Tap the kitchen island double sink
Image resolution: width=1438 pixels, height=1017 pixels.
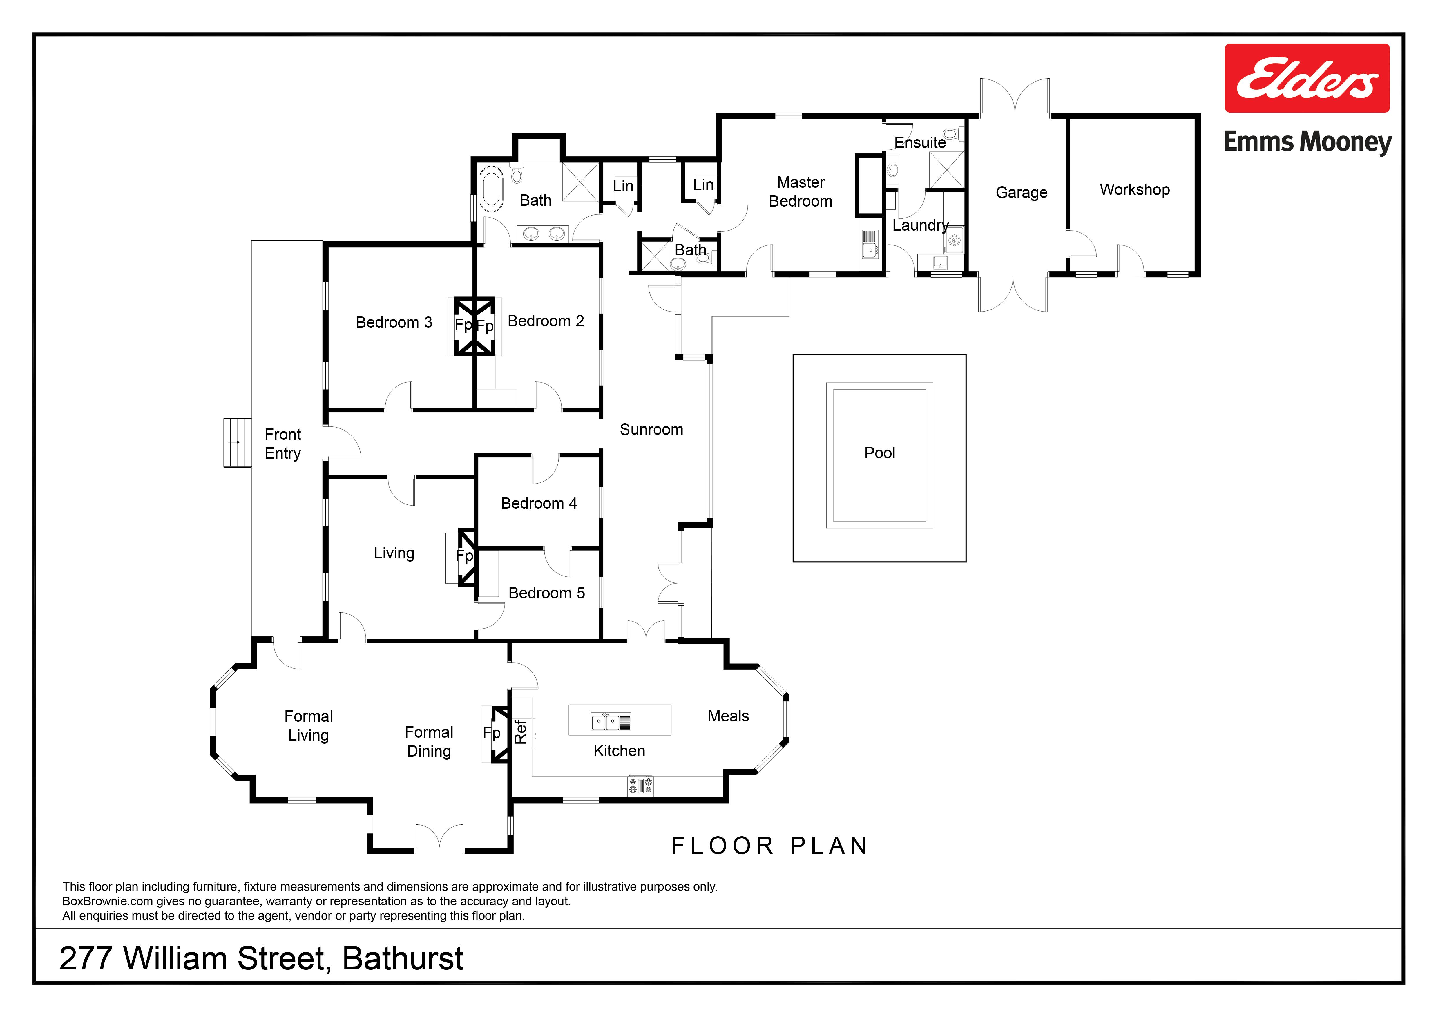[x=611, y=722]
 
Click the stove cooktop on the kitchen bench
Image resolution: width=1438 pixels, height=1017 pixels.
[x=641, y=785]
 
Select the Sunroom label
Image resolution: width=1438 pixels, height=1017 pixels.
[x=651, y=430]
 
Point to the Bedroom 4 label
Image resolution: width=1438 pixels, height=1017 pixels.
[x=539, y=504]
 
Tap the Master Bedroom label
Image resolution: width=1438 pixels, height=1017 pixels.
[x=801, y=192]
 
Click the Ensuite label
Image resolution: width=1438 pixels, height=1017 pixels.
[x=920, y=143]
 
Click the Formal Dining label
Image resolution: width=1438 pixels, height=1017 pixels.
[x=429, y=742]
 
